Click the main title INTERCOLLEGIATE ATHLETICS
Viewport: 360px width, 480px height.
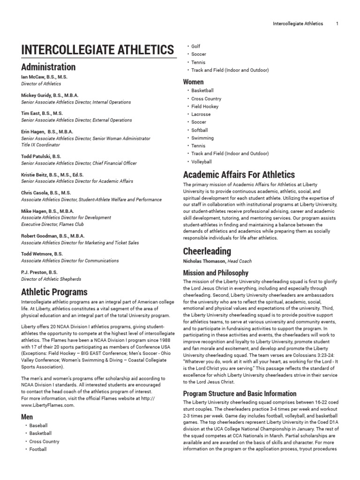[x=97, y=49]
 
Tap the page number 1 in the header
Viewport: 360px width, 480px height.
[x=337, y=24]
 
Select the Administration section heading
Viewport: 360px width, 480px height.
[x=48, y=67]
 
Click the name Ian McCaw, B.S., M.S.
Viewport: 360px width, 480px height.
[x=45, y=76]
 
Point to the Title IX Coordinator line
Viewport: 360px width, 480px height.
[x=42, y=145]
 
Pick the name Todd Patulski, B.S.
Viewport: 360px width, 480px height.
[x=41, y=156]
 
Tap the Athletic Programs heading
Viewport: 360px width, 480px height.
[x=54, y=292]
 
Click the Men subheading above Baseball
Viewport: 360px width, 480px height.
[x=27, y=416]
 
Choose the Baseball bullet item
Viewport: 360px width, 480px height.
[x=38, y=426]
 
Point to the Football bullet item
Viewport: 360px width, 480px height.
[x=38, y=450]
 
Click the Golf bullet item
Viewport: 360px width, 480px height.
[x=196, y=46]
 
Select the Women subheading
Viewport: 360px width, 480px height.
[x=193, y=82]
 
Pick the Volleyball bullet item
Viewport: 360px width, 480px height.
[x=202, y=162]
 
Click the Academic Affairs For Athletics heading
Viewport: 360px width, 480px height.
[x=239, y=175]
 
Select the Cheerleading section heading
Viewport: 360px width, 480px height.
[x=207, y=251]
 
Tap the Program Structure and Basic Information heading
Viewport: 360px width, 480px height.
[x=240, y=394]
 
